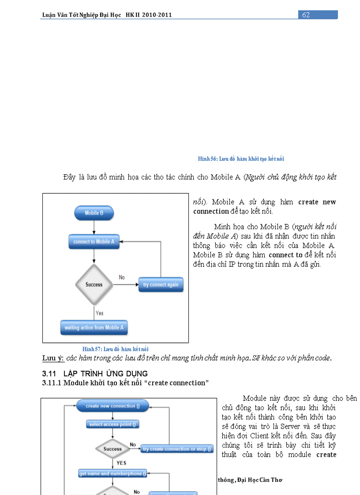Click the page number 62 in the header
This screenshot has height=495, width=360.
(x=306, y=15)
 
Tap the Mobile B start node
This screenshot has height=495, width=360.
(x=94, y=213)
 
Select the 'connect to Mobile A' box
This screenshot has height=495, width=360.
(x=94, y=242)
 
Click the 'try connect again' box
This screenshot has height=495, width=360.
(x=161, y=285)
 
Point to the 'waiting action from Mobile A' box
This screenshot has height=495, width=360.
(x=94, y=328)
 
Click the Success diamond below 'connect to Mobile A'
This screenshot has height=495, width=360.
(x=94, y=285)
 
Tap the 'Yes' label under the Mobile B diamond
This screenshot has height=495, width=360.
(x=100, y=313)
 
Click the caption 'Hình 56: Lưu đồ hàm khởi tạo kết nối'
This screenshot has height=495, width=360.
(x=244, y=159)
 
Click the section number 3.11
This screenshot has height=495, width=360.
(x=49, y=374)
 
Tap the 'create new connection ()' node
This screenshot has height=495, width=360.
(x=112, y=406)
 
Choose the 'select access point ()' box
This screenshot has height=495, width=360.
(x=112, y=424)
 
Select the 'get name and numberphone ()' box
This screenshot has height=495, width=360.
(x=112, y=474)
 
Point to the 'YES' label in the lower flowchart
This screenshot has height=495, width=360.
(x=121, y=463)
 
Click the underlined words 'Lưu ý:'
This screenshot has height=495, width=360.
(x=53, y=358)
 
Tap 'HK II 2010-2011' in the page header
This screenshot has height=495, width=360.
(x=149, y=15)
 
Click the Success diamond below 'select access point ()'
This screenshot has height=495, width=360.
(x=112, y=449)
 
